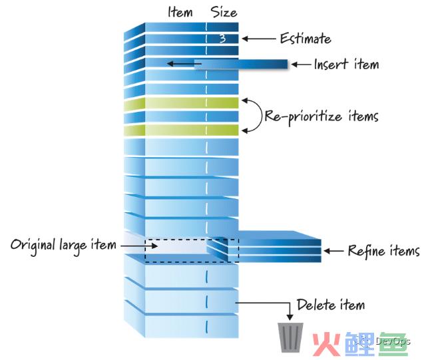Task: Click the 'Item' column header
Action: click(x=180, y=13)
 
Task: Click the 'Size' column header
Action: click(x=224, y=13)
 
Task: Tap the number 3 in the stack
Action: click(x=222, y=39)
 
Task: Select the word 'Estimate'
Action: click(x=306, y=39)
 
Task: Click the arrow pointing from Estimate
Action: click(x=259, y=39)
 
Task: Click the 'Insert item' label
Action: click(x=346, y=65)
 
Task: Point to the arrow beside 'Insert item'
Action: click(x=301, y=65)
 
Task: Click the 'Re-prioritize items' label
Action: click(x=321, y=116)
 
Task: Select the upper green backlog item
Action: click(x=181, y=104)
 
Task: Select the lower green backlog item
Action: click(x=181, y=130)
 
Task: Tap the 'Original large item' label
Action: click(x=63, y=246)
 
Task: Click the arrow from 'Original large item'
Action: click(x=138, y=246)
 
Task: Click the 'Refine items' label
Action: click(x=383, y=251)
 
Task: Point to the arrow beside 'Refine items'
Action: click(x=333, y=251)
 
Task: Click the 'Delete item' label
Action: click(x=331, y=305)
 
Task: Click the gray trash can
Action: click(x=290, y=337)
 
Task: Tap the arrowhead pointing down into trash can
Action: click(x=290, y=317)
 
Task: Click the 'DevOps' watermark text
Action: click(x=393, y=341)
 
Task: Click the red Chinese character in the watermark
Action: click(x=326, y=344)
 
